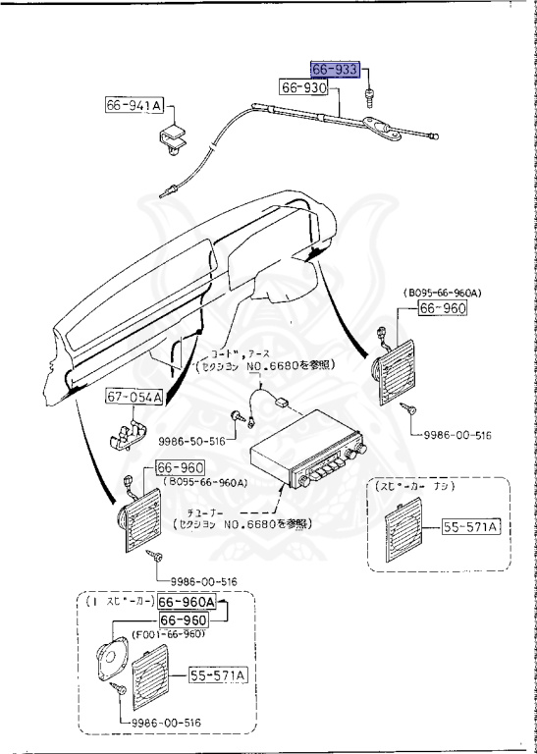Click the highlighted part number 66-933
(335, 71)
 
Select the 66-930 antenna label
(303, 88)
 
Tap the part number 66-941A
(136, 105)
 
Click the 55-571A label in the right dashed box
(473, 527)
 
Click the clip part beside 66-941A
(176, 137)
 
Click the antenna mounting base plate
(374, 125)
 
